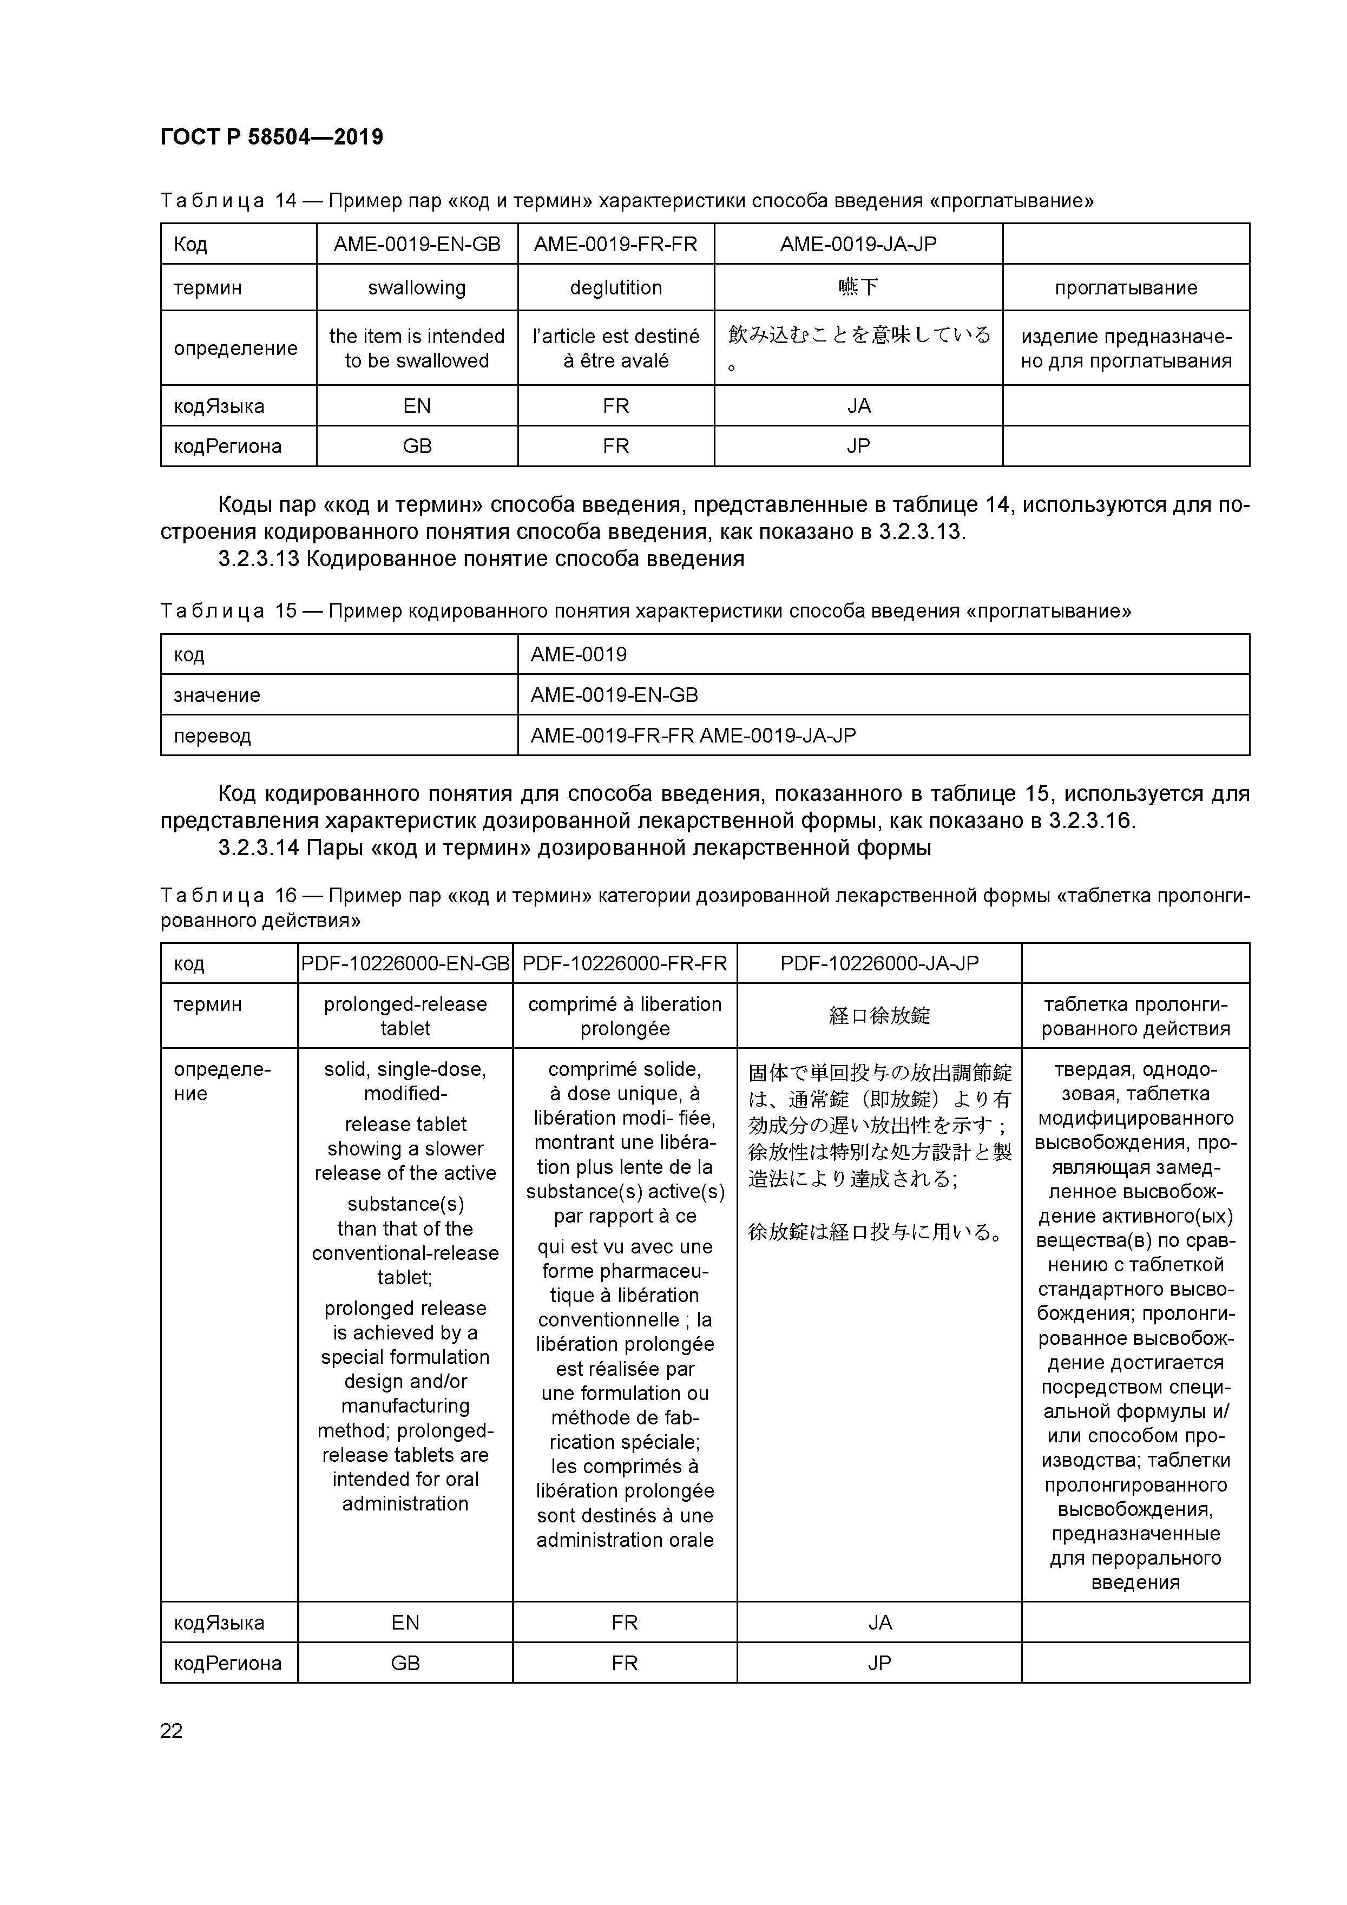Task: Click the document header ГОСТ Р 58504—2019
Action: click(x=271, y=137)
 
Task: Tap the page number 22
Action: click(x=171, y=1730)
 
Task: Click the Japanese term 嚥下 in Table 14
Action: click(x=858, y=288)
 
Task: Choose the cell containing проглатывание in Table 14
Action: click(x=1126, y=288)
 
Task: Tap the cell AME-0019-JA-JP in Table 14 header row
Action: click(x=858, y=244)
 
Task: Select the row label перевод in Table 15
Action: click(x=212, y=736)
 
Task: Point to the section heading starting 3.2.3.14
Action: click(x=574, y=848)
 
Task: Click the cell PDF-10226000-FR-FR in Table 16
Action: click(x=625, y=963)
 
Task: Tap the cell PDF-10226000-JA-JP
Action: click(x=879, y=963)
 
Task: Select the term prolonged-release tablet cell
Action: click(x=405, y=1016)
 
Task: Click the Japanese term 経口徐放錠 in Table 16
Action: click(x=879, y=1016)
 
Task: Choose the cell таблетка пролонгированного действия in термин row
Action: click(x=1135, y=1016)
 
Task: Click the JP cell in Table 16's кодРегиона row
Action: click(x=879, y=1664)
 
